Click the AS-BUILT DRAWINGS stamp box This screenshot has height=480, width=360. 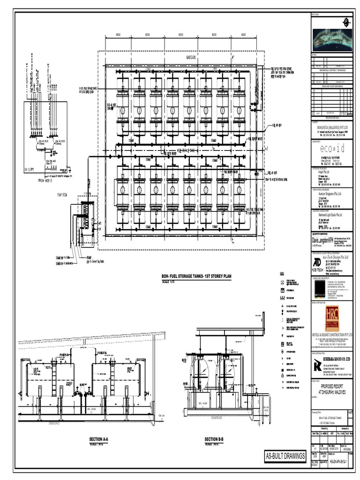[285, 456]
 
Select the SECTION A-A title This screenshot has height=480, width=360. [99, 439]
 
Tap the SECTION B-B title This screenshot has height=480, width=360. [214, 439]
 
